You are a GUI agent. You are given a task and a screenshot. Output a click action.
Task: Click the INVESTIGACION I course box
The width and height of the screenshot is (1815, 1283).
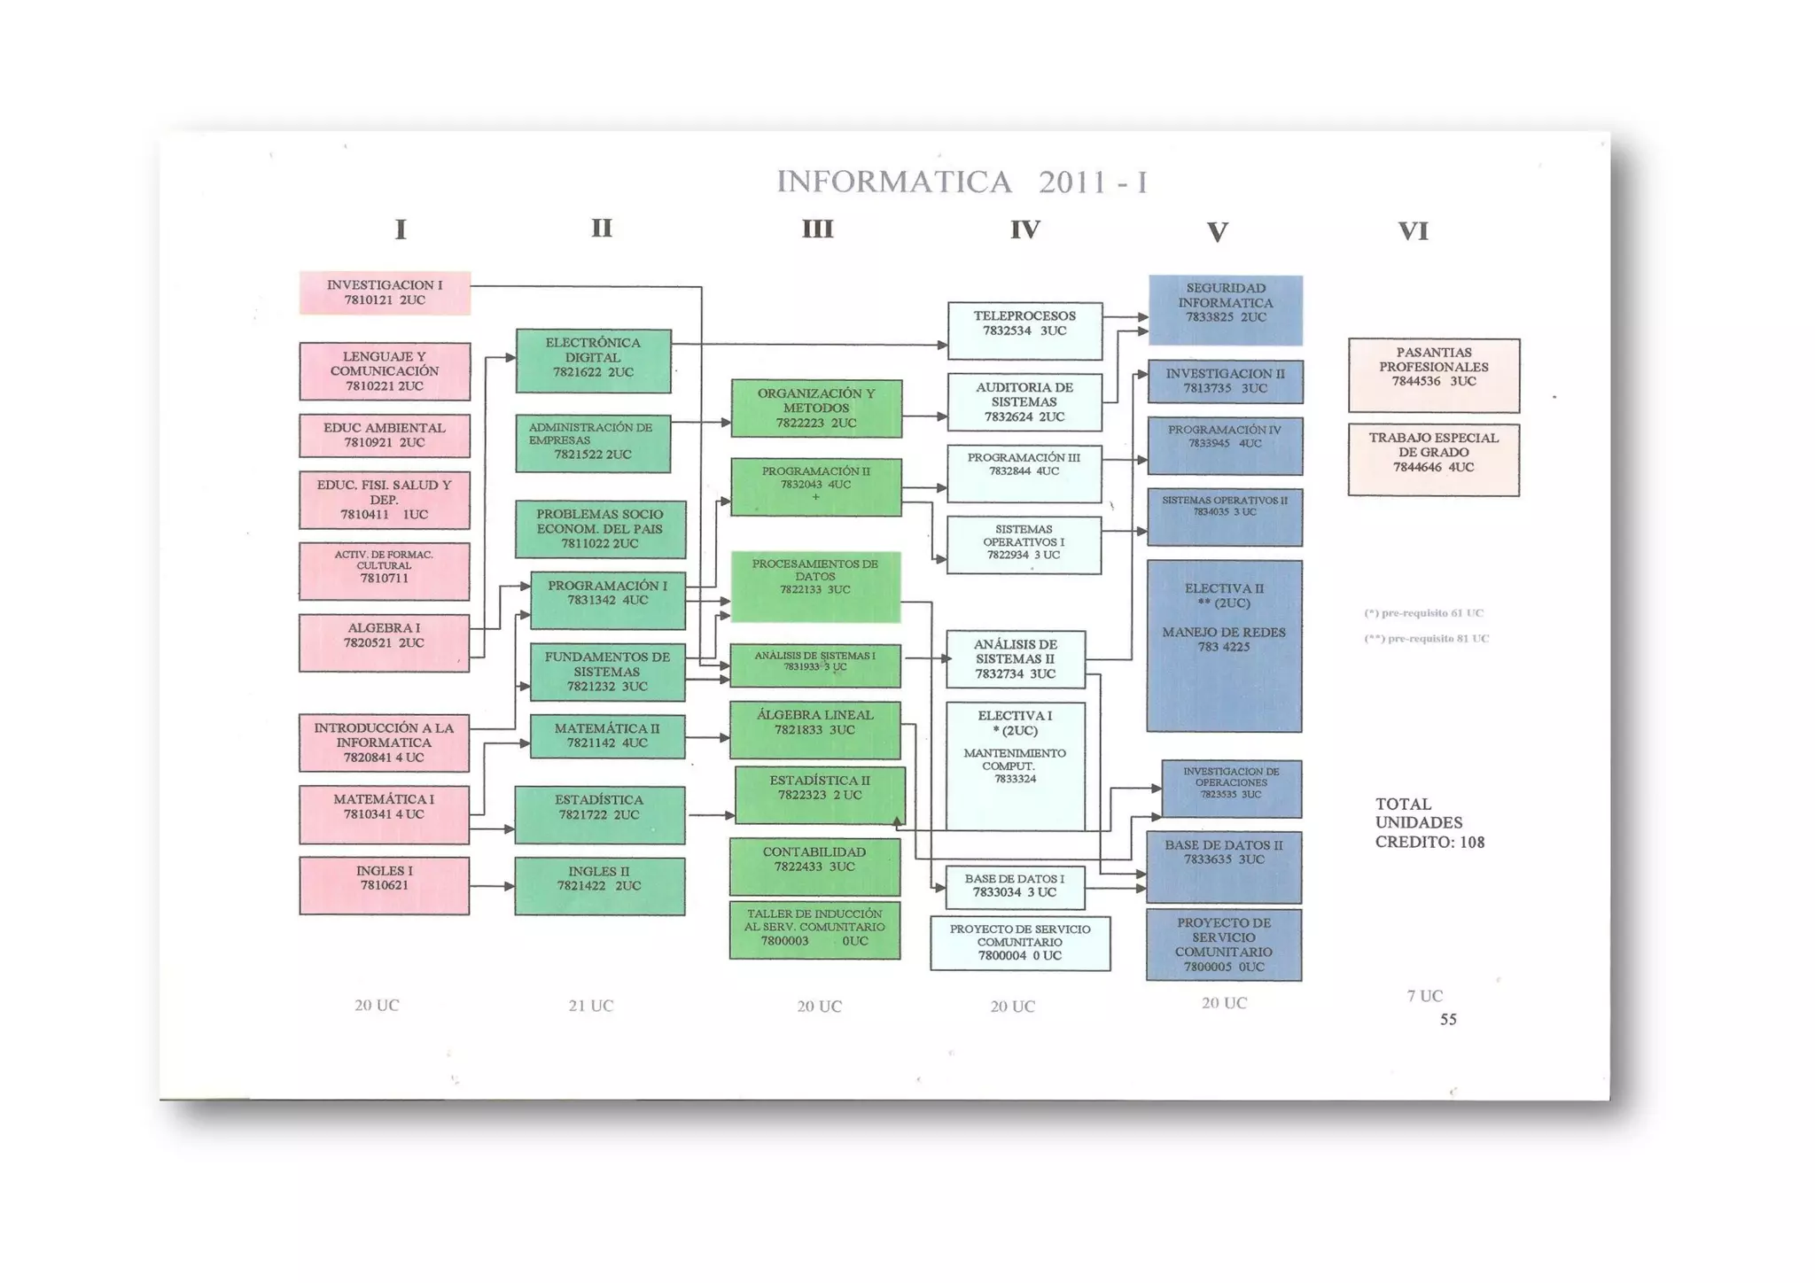[x=385, y=292]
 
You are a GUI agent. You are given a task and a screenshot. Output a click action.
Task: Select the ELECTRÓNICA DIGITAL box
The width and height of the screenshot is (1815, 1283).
[x=593, y=360]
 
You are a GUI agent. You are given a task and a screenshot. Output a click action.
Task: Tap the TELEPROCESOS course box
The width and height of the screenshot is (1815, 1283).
[x=1024, y=330]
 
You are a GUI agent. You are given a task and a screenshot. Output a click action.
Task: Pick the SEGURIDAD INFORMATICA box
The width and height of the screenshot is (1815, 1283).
[x=1226, y=309]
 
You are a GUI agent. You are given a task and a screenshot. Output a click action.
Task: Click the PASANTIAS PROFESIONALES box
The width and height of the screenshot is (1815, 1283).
[x=1433, y=374]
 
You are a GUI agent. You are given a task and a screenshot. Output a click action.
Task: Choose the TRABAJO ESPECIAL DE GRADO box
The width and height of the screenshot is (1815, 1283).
[x=1433, y=459]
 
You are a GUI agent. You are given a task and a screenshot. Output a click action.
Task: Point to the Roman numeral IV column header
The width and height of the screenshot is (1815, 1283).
[x=1024, y=230]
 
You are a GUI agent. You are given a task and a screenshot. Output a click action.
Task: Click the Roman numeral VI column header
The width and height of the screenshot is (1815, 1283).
[x=1413, y=231]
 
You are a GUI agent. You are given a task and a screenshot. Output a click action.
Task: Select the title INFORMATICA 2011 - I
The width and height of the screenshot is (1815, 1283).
[x=962, y=182]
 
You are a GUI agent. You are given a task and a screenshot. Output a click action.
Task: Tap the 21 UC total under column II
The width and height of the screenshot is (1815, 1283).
[x=590, y=1006]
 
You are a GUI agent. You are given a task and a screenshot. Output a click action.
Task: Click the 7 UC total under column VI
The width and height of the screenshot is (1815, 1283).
[x=1424, y=996]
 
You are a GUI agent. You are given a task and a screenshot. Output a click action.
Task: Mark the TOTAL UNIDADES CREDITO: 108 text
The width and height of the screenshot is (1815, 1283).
[x=1429, y=823]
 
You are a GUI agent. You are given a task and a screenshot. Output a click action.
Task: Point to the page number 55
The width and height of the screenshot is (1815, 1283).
[x=1448, y=1020]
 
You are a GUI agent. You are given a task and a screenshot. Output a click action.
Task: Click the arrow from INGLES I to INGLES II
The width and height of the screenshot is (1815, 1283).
[x=492, y=886]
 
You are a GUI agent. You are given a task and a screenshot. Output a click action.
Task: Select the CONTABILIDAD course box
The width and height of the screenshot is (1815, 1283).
[x=814, y=866]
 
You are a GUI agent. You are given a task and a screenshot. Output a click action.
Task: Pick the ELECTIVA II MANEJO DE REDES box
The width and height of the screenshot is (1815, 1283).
[x=1224, y=645]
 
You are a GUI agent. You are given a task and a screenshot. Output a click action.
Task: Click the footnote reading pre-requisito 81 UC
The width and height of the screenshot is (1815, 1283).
[x=1427, y=638]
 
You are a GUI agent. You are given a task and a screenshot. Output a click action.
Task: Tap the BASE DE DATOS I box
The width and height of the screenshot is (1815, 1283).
[x=1015, y=887]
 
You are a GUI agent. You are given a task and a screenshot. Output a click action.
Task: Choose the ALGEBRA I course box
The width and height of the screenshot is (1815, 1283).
[x=384, y=641]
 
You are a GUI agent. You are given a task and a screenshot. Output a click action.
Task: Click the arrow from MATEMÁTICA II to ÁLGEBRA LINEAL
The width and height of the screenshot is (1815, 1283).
[x=707, y=737]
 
